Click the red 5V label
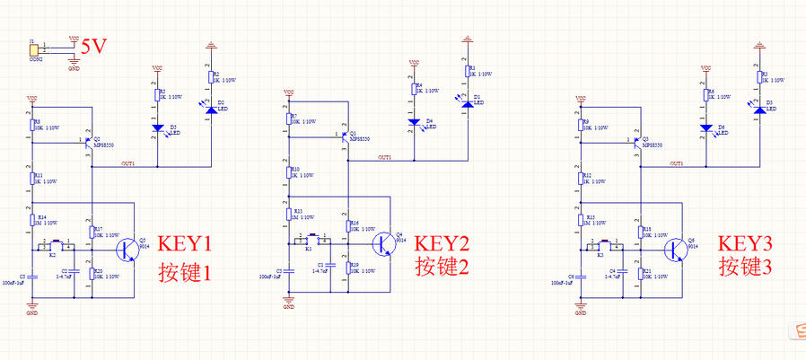tap(94, 47)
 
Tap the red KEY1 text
tap(185, 243)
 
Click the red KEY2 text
tap(443, 242)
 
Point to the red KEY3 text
tap(745, 243)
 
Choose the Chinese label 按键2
tap(443, 267)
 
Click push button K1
tap(311, 241)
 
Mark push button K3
tap(600, 245)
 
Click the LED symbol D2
tap(210, 107)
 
